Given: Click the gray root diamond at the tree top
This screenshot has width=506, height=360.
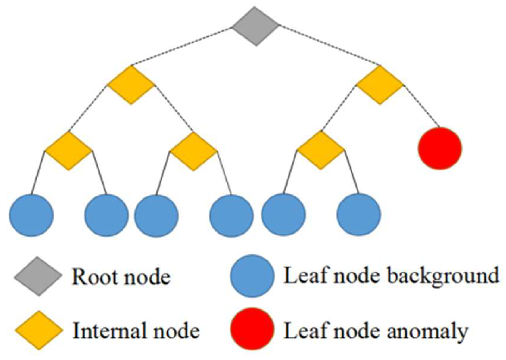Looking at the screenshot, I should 256,26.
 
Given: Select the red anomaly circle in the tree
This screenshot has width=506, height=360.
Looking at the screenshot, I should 440,148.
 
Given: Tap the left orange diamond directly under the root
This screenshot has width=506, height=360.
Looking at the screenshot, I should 131,85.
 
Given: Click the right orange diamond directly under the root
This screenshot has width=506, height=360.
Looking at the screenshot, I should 380,85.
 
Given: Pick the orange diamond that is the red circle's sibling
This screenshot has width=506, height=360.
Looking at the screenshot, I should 320,150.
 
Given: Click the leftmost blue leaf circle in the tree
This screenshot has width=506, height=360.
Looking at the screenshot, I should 31,215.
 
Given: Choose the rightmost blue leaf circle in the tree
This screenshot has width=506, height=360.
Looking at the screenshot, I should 358,215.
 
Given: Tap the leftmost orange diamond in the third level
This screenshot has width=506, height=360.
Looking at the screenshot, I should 68,151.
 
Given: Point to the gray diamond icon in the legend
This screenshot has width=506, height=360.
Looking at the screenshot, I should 38,276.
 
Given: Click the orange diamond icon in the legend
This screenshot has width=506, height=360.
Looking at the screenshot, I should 39,330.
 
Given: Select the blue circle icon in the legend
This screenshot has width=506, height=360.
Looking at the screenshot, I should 252,276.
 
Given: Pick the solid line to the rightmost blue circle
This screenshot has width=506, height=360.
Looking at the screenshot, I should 351,173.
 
